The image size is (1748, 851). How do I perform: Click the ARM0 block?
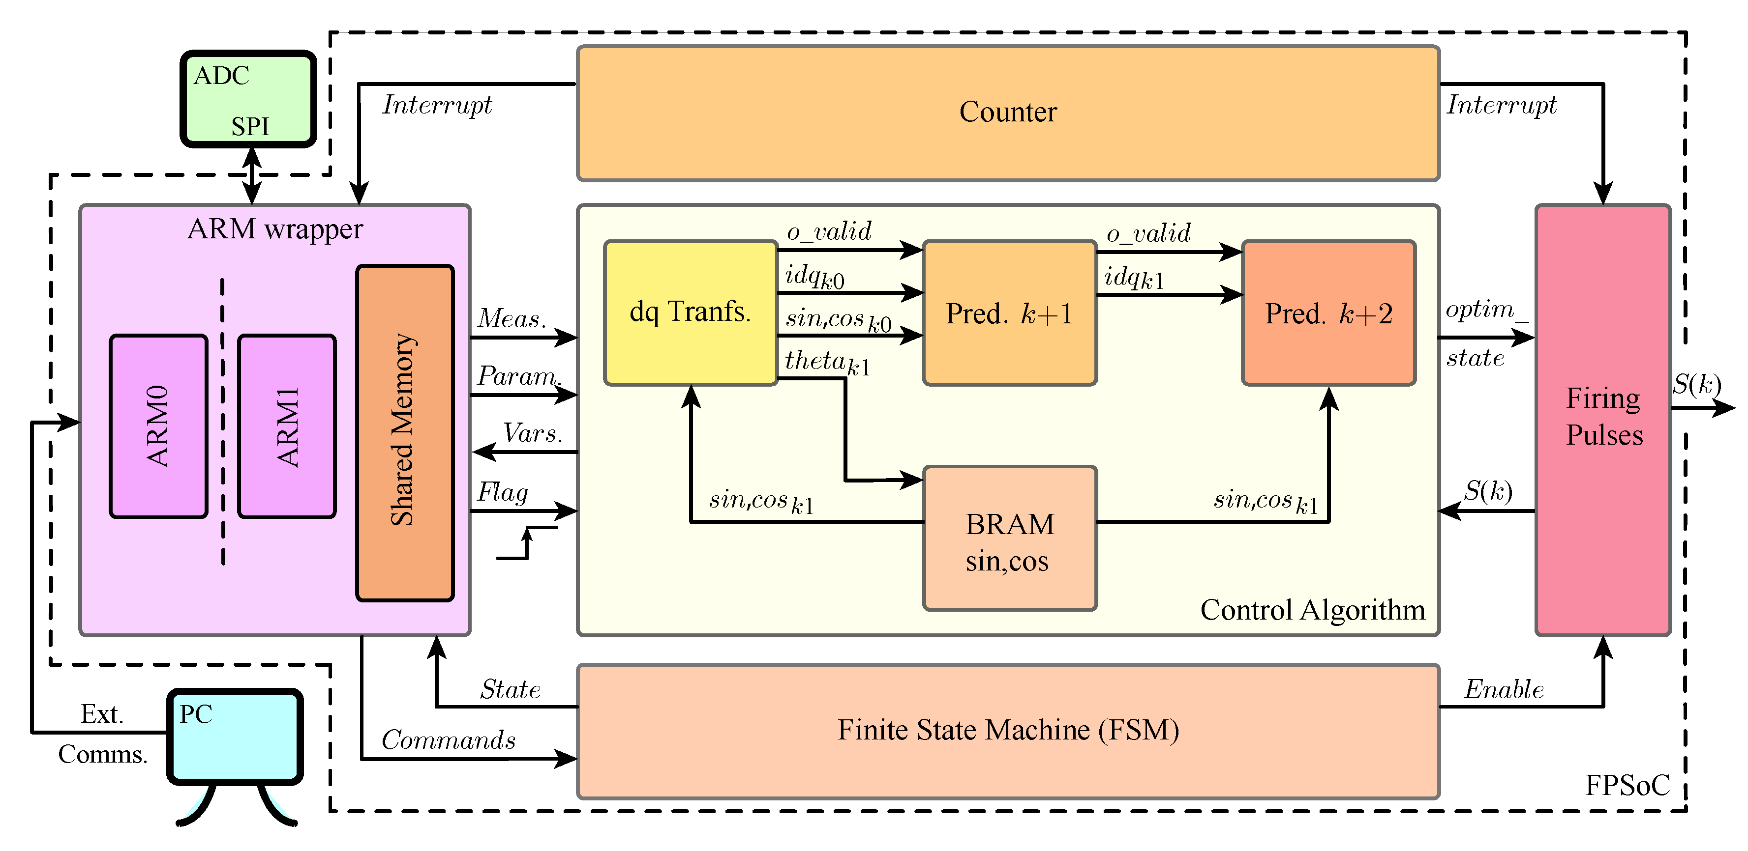(158, 426)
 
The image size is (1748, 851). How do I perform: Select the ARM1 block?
(287, 426)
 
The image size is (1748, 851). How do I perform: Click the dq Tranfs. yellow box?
(690, 312)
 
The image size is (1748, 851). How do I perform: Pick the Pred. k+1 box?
(1009, 314)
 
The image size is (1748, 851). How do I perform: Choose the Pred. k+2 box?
(1328, 314)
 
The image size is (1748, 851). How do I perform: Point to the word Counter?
(1008, 113)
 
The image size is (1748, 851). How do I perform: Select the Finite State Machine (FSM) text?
(1008, 730)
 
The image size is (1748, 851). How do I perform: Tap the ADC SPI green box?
(248, 99)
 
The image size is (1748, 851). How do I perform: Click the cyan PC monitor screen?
(235, 736)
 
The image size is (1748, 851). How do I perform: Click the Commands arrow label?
(448, 740)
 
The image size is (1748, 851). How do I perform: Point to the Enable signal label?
(1504, 690)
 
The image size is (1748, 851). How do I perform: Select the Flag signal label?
(502, 492)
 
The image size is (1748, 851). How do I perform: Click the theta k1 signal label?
(826, 363)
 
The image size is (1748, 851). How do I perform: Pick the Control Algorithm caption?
(1312, 610)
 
